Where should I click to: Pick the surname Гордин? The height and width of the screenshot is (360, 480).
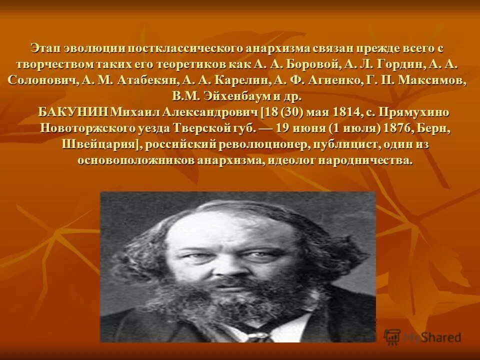click(x=401, y=65)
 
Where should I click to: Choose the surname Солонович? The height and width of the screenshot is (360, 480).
click(x=41, y=81)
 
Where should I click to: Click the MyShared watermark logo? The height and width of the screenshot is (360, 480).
click(x=422, y=336)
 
